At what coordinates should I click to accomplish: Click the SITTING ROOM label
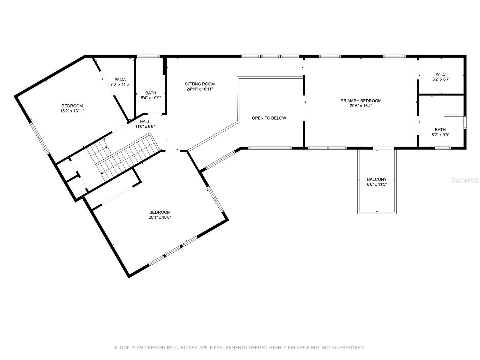tap(200, 84)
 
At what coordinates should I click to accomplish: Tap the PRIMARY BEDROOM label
tap(361, 101)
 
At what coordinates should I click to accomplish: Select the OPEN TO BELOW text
tap(269, 118)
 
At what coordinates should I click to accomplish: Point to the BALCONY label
tap(376, 179)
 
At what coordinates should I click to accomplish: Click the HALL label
tap(145, 121)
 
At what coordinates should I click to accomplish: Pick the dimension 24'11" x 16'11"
tap(200, 89)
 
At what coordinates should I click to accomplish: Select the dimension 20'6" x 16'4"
tap(361, 106)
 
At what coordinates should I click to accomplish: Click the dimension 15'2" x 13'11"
tap(72, 111)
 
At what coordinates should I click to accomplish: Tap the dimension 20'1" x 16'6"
tap(160, 217)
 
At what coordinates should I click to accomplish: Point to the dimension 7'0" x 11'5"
tap(120, 84)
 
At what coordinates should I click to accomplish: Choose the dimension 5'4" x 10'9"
tap(151, 98)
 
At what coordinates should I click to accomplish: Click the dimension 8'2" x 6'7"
tap(441, 79)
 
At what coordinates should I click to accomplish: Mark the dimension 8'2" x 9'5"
tap(440, 135)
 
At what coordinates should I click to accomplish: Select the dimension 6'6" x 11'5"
tap(377, 184)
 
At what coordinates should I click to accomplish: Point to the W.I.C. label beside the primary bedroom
tap(441, 74)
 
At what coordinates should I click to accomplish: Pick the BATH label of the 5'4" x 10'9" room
tap(151, 93)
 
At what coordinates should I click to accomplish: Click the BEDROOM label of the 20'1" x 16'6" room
tap(160, 212)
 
